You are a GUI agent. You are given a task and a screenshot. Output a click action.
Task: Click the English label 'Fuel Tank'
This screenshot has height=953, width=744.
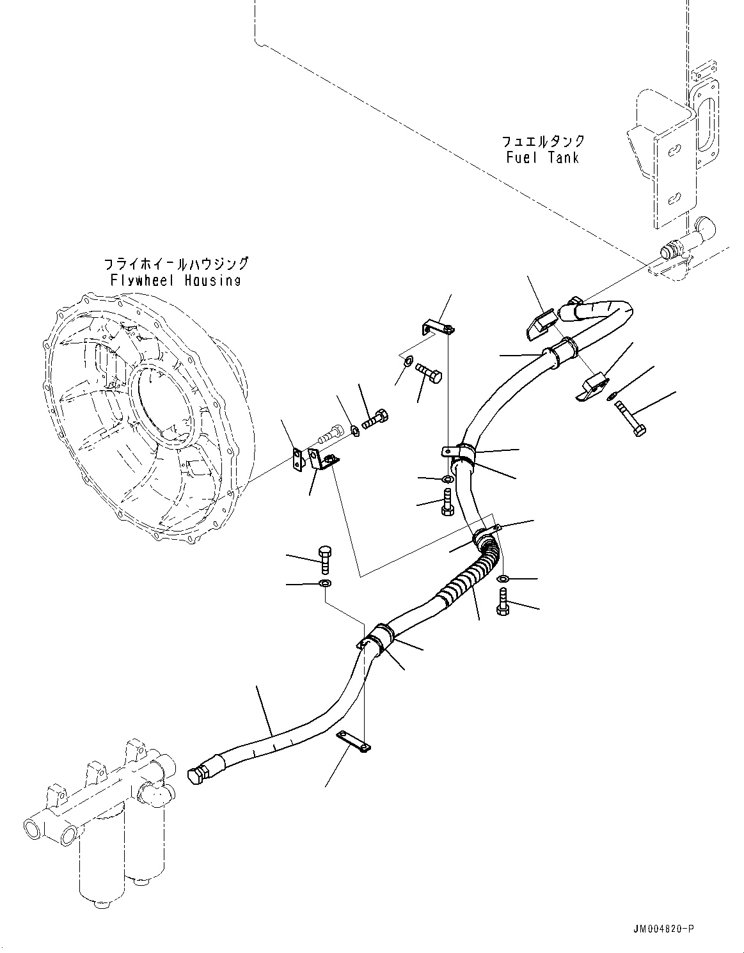542,157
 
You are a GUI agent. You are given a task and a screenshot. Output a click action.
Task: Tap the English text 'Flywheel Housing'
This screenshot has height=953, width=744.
175,280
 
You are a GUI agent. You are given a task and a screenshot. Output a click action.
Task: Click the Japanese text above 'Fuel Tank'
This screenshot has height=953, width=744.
542,141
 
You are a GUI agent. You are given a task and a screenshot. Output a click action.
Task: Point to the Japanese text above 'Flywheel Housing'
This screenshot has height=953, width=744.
175,264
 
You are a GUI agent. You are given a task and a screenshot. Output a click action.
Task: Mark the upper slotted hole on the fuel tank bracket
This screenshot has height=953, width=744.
674,151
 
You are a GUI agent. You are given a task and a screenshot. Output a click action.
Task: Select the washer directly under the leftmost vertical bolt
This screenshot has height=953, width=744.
325,583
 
